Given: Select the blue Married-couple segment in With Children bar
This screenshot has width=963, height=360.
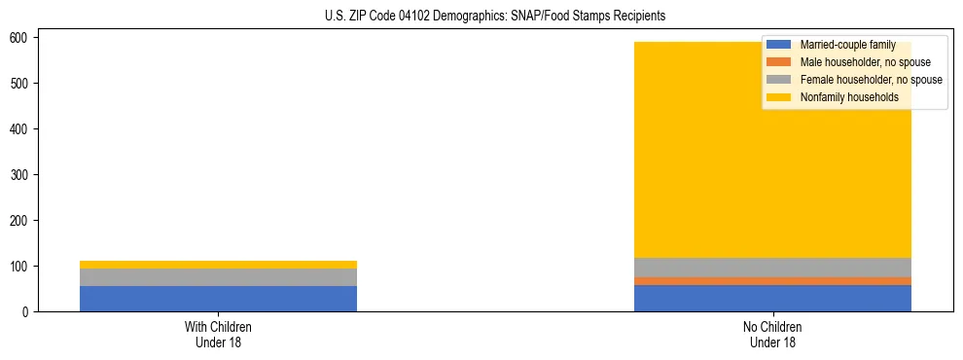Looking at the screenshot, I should point(218,299).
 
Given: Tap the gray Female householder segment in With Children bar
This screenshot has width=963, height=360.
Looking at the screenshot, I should point(218,277).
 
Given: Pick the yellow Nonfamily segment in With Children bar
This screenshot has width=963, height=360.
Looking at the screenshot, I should point(218,265).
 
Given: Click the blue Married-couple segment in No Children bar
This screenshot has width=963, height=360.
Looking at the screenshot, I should point(772,298).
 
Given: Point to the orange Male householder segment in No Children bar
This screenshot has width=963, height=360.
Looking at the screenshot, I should point(772,281).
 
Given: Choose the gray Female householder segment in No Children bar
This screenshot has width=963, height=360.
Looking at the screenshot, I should point(772,268).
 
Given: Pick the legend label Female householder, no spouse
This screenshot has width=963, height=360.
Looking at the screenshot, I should point(871,80).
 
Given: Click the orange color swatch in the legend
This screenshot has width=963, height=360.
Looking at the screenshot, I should point(779,62).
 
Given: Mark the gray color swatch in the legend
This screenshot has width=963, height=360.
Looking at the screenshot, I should point(779,80).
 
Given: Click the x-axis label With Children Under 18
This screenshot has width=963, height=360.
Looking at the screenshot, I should point(218,335).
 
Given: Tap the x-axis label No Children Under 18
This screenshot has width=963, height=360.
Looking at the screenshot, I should point(772,335).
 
